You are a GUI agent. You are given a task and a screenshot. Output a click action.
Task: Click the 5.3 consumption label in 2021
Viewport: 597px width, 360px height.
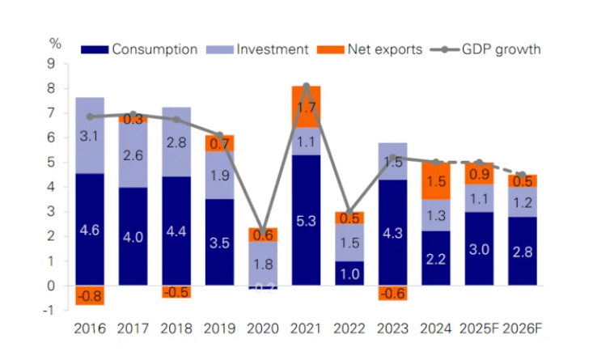[306, 221]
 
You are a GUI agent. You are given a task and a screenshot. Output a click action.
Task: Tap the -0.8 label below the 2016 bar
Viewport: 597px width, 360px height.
[89, 297]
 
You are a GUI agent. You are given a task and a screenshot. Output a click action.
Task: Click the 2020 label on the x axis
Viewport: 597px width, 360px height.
[262, 329]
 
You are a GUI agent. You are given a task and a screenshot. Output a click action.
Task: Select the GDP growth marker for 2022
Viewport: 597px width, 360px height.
[349, 212]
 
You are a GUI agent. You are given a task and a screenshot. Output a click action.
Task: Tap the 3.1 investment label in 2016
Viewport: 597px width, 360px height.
[89, 136]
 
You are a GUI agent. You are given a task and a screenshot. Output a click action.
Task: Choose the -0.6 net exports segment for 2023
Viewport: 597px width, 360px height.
[392, 294]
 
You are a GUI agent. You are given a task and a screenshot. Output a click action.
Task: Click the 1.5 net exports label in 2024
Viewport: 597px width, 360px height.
[435, 182]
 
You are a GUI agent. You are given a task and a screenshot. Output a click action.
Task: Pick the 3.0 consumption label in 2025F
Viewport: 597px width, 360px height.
[478, 249]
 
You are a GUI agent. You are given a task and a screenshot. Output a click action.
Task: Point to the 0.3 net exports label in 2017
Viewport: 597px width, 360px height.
[133, 119]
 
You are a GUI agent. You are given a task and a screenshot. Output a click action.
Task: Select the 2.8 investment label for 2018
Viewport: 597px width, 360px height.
[176, 142]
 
